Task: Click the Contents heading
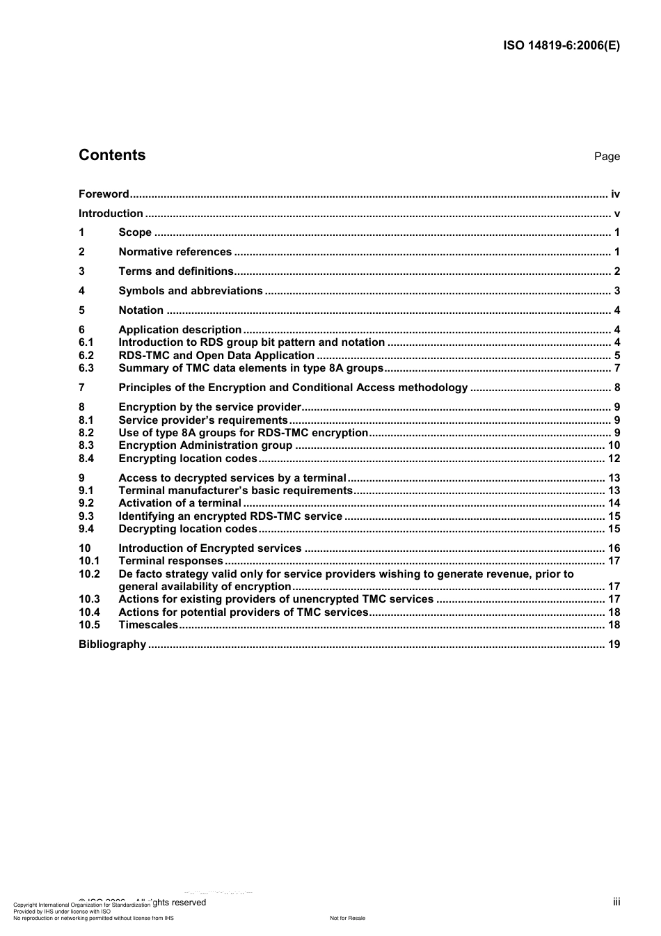[112, 155]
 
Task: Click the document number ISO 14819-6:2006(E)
[561, 46]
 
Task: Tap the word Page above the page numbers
[607, 157]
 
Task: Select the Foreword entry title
[104, 194]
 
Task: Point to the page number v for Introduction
[616, 214]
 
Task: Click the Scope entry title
[135, 232]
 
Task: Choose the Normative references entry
[175, 252]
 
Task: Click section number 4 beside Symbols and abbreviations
[81, 291]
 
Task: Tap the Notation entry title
[141, 310]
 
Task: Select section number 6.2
[86, 356]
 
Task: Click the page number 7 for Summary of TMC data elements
[616, 368]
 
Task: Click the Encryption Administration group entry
[205, 445]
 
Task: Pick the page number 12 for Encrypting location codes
[614, 459]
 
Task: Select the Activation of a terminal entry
[180, 503]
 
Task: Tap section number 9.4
[86, 529]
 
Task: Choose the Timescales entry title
[148, 625]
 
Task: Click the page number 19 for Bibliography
[614, 644]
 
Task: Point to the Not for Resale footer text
[347, 918]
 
